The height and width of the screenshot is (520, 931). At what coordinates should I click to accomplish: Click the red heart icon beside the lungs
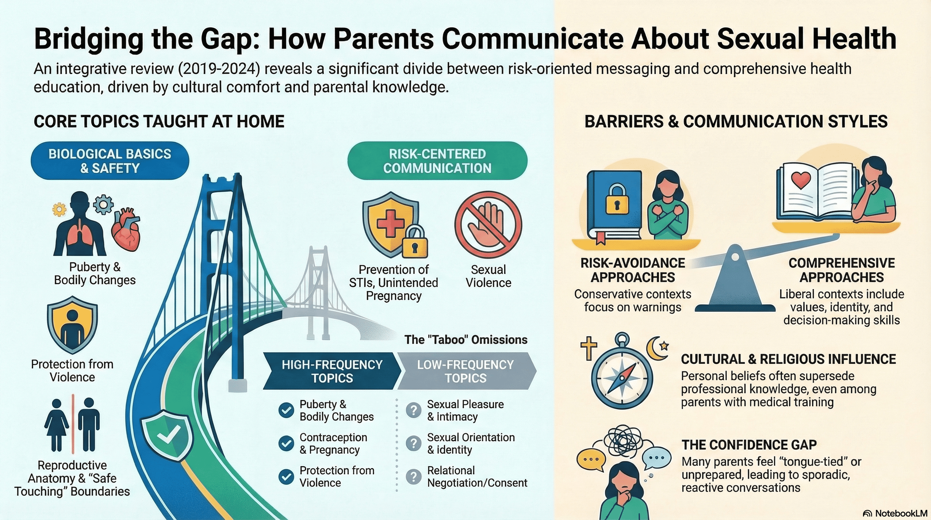[126, 230]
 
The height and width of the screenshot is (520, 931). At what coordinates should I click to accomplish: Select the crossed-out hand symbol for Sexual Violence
[488, 224]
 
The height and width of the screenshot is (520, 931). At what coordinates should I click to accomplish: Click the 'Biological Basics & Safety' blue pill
[110, 161]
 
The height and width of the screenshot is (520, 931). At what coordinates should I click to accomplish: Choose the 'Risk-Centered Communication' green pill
[437, 161]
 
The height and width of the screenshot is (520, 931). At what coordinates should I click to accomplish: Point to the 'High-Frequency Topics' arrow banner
[332, 371]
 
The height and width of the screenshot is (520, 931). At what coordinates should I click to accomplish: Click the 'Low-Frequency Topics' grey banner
[466, 371]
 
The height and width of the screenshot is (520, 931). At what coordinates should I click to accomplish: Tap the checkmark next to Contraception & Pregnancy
[286, 443]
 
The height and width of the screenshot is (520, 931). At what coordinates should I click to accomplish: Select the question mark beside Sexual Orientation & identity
[413, 443]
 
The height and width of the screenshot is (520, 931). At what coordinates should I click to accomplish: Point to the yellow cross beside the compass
[588, 348]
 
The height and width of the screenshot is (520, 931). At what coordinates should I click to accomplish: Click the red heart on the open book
[800, 180]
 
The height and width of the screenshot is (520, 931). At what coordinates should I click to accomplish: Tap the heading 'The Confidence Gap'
[749, 445]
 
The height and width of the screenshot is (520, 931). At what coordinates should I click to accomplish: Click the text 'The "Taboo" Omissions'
[466, 340]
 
